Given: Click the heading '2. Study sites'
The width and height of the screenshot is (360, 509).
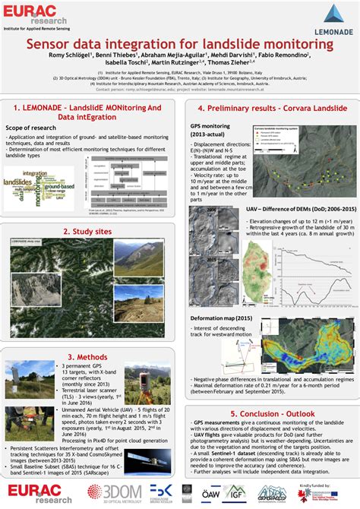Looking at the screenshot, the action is pos(88,232).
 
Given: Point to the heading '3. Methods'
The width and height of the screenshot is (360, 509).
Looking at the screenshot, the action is pos(88,356).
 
